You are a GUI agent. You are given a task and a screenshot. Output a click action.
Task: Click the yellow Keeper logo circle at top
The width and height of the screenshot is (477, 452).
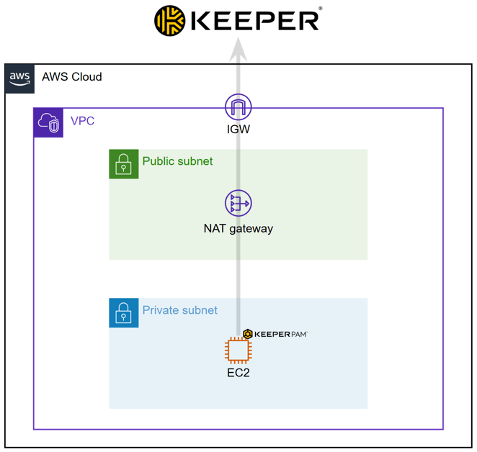170,20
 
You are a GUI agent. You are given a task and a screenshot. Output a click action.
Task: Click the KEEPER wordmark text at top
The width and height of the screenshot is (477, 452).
254,20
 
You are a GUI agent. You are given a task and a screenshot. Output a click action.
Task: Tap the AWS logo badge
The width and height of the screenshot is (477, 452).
19,78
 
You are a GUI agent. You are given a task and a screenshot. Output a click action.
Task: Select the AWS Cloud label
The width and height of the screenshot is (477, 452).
71,77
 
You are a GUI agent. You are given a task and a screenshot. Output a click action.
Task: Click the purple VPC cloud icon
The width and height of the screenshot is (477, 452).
49,122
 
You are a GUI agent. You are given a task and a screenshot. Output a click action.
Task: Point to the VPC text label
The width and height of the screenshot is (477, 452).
82,121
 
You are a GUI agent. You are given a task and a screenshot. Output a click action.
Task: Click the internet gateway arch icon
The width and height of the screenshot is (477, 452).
238,107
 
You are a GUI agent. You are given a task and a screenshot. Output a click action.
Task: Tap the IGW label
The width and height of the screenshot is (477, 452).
238,130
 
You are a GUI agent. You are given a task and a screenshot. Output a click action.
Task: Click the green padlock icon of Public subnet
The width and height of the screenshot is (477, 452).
123,164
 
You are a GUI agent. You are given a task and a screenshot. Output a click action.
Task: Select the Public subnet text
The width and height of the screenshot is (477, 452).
177,161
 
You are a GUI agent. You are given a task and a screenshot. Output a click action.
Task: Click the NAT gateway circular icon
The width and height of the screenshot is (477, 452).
238,204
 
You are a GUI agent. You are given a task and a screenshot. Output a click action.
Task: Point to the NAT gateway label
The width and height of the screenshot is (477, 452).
238,229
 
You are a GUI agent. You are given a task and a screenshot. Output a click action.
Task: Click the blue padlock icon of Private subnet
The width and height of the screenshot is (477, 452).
123,313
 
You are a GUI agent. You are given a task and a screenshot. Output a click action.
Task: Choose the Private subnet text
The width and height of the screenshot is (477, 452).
179,310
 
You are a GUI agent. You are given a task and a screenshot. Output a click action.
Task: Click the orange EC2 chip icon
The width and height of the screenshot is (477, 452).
238,351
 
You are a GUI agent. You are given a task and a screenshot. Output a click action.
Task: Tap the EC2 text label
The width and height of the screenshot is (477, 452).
238,373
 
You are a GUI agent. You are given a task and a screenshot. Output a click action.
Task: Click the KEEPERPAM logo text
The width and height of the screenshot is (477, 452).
281,334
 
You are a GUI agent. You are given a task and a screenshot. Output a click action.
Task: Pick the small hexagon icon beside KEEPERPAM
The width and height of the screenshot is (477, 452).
248,334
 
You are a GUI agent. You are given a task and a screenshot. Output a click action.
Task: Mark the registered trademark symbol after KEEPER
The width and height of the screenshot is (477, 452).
320,9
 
